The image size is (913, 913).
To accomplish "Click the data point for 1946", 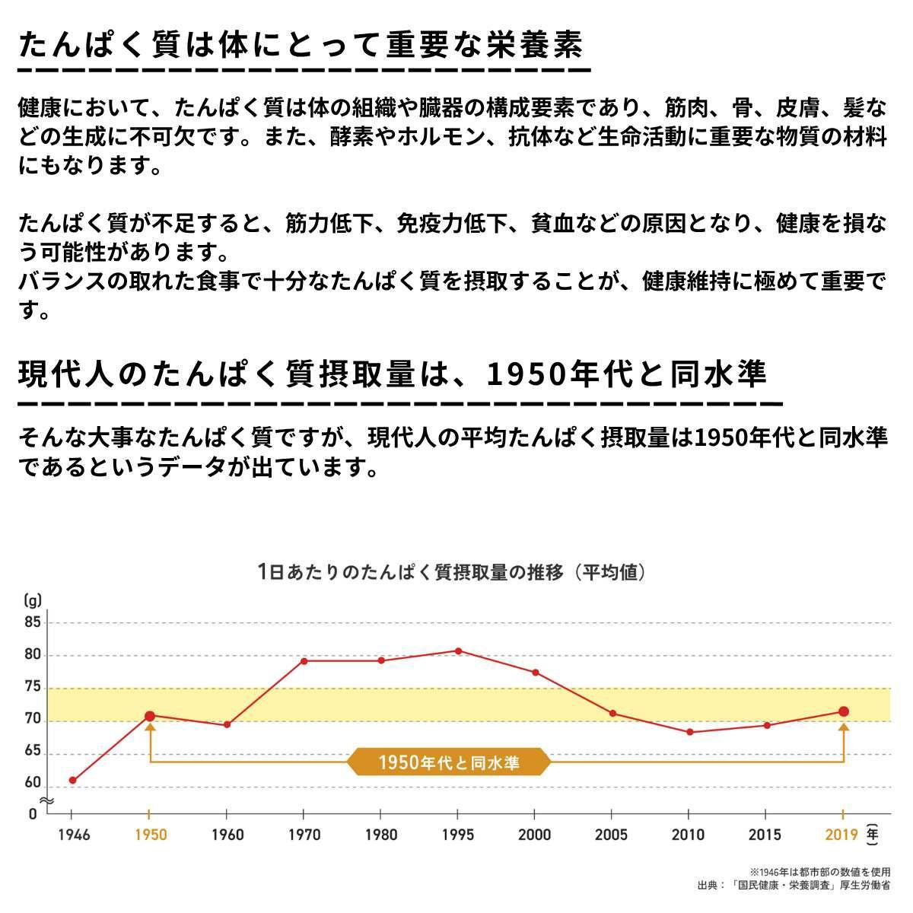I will [72, 780].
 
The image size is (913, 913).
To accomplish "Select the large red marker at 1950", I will [150, 716].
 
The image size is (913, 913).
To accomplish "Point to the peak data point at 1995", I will [458, 651].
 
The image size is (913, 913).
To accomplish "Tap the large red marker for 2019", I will [843, 711].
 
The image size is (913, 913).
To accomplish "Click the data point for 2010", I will [689, 732].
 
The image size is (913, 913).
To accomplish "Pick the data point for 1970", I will [304, 660].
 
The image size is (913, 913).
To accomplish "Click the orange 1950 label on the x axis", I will [150, 835].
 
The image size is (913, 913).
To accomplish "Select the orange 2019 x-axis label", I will [841, 835].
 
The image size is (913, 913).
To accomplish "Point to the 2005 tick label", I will [612, 835].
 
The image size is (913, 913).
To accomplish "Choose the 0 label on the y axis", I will [33, 813].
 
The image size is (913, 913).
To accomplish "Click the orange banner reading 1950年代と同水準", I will [449, 762].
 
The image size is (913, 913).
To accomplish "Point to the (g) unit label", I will [32, 598].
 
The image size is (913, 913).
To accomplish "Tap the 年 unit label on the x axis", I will [873, 833].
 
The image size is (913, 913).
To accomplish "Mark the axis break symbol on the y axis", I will [46, 800].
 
